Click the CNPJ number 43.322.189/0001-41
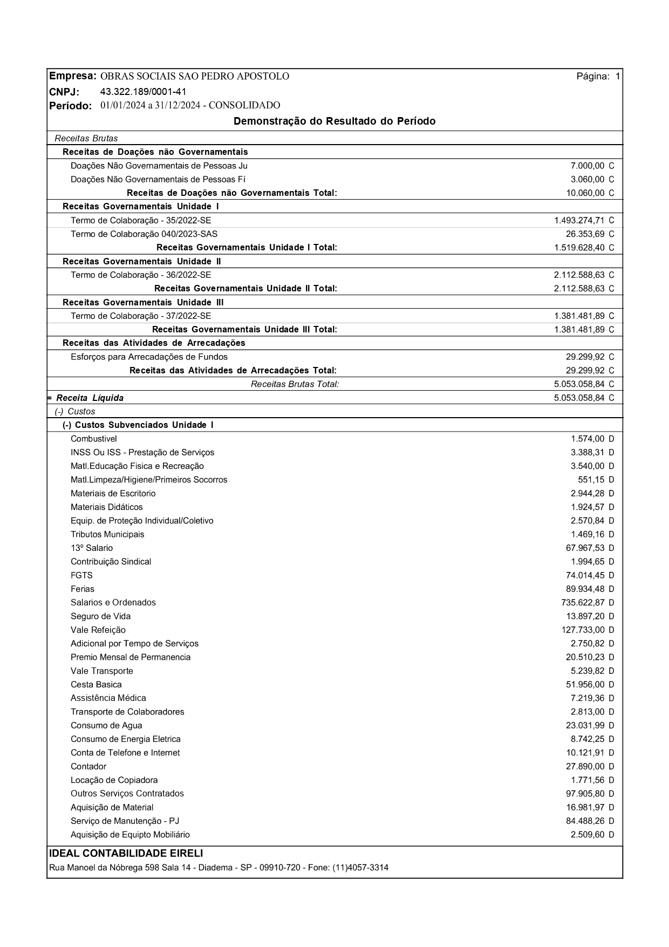(143, 91)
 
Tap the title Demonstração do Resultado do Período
(334, 121)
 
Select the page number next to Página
(617, 77)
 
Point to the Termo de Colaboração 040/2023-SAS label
(144, 234)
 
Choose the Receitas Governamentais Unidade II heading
(142, 261)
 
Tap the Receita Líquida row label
(90, 398)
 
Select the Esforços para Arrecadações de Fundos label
(149, 357)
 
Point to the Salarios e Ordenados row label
(113, 602)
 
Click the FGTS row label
(81, 575)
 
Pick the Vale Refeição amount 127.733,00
(583, 630)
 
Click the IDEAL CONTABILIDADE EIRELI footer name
(126, 853)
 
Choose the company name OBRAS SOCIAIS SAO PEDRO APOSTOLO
(195, 77)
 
